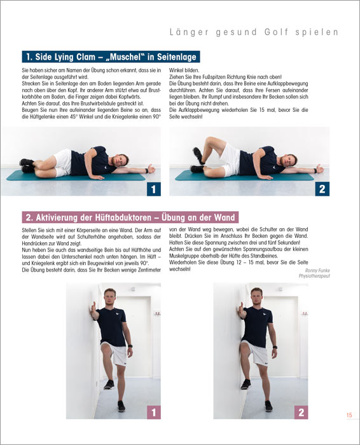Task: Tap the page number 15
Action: click(x=349, y=415)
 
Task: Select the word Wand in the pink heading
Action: click(x=225, y=217)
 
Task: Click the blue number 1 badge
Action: click(x=153, y=189)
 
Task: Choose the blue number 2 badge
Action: click(x=322, y=189)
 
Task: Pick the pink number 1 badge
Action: click(x=154, y=412)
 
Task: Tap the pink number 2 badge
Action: click(x=301, y=412)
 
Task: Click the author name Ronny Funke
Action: click(x=317, y=270)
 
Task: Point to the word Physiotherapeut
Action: click(x=314, y=276)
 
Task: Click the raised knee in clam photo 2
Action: click(x=210, y=140)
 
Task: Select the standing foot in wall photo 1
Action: click(x=121, y=406)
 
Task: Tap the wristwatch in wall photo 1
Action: click(x=130, y=346)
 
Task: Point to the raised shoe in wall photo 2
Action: click(x=246, y=384)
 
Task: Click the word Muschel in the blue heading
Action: click(x=125, y=57)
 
